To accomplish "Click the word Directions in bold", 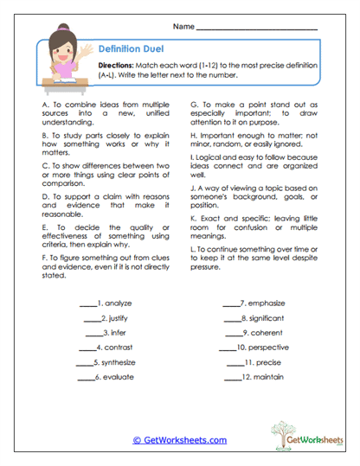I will pyautogui.click(x=115, y=66).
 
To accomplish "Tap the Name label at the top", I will pyautogui.click(x=183, y=28).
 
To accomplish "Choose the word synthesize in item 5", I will pyautogui.click(x=120, y=362).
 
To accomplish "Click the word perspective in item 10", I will pyautogui.click(x=269, y=348).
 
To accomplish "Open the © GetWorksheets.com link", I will pyautogui.click(x=179, y=440).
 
